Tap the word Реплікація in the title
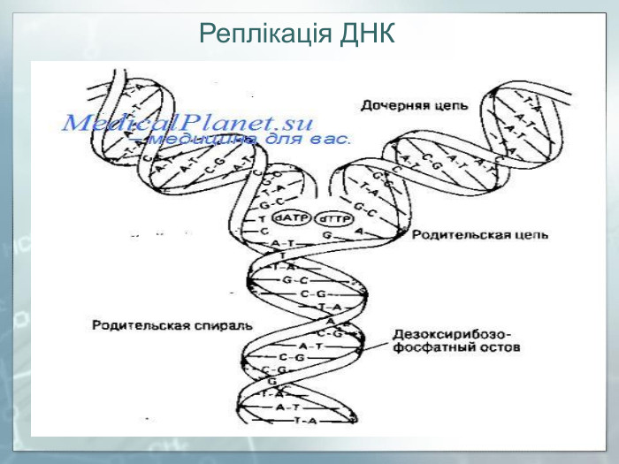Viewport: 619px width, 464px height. (x=263, y=34)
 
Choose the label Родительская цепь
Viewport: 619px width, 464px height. (x=479, y=235)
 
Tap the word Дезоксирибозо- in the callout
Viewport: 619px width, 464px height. (x=452, y=334)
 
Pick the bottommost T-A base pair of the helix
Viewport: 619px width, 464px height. (x=305, y=420)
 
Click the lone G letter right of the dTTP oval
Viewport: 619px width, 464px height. (x=326, y=236)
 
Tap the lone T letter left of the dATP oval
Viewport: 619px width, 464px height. (x=262, y=218)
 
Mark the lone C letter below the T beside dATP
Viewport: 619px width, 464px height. (x=263, y=232)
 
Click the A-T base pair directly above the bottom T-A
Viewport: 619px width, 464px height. (x=287, y=407)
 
